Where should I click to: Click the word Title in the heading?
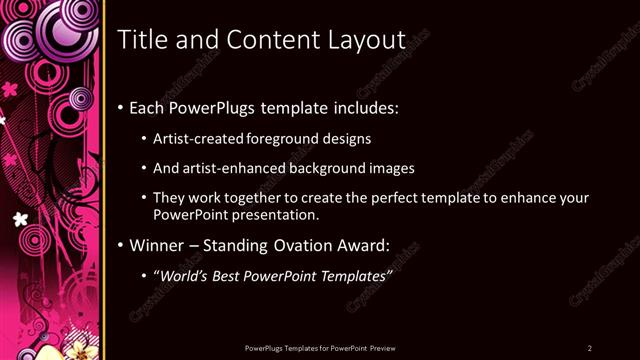click(x=144, y=40)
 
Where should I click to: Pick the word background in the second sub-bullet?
click(x=334, y=169)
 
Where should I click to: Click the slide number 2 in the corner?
click(x=590, y=347)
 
